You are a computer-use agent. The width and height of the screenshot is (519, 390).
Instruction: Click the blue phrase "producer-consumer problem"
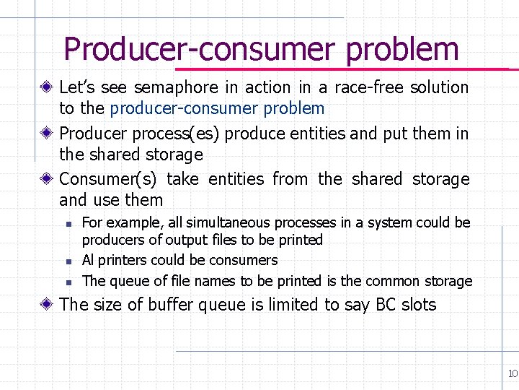217,109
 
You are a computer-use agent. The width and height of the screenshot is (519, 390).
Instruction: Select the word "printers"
120,260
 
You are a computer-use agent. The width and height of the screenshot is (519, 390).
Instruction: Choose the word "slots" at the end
419,305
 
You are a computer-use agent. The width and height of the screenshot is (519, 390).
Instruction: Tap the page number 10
513,373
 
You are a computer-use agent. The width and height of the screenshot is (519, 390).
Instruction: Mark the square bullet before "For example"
67,223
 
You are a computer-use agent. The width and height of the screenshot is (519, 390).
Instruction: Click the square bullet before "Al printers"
67,261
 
